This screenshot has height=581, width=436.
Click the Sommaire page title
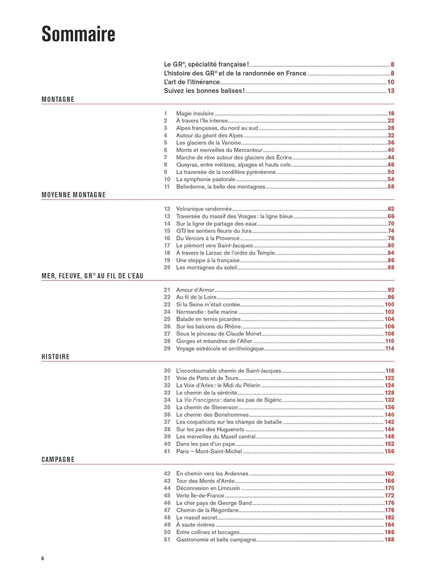[x=78, y=35]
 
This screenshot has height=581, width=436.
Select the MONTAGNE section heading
[x=58, y=99]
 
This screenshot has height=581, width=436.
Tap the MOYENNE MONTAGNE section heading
[x=74, y=195]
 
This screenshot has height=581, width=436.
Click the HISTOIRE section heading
[x=56, y=357]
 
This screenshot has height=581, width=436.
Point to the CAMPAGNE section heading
[x=58, y=459]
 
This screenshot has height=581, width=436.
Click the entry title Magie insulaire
[x=195, y=113]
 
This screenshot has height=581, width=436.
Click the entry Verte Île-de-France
[x=200, y=496]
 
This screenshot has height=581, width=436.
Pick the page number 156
[x=389, y=451]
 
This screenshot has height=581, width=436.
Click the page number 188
[x=389, y=540]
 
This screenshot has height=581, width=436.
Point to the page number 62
[x=391, y=209]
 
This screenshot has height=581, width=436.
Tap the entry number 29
[x=167, y=349]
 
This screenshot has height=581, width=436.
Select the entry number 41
[x=167, y=451]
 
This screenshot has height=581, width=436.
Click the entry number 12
[x=167, y=209]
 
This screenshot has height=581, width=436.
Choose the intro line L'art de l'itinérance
[x=192, y=82]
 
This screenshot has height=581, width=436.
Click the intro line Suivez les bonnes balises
[x=204, y=91]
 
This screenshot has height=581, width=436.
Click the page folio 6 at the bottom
[x=43, y=558]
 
